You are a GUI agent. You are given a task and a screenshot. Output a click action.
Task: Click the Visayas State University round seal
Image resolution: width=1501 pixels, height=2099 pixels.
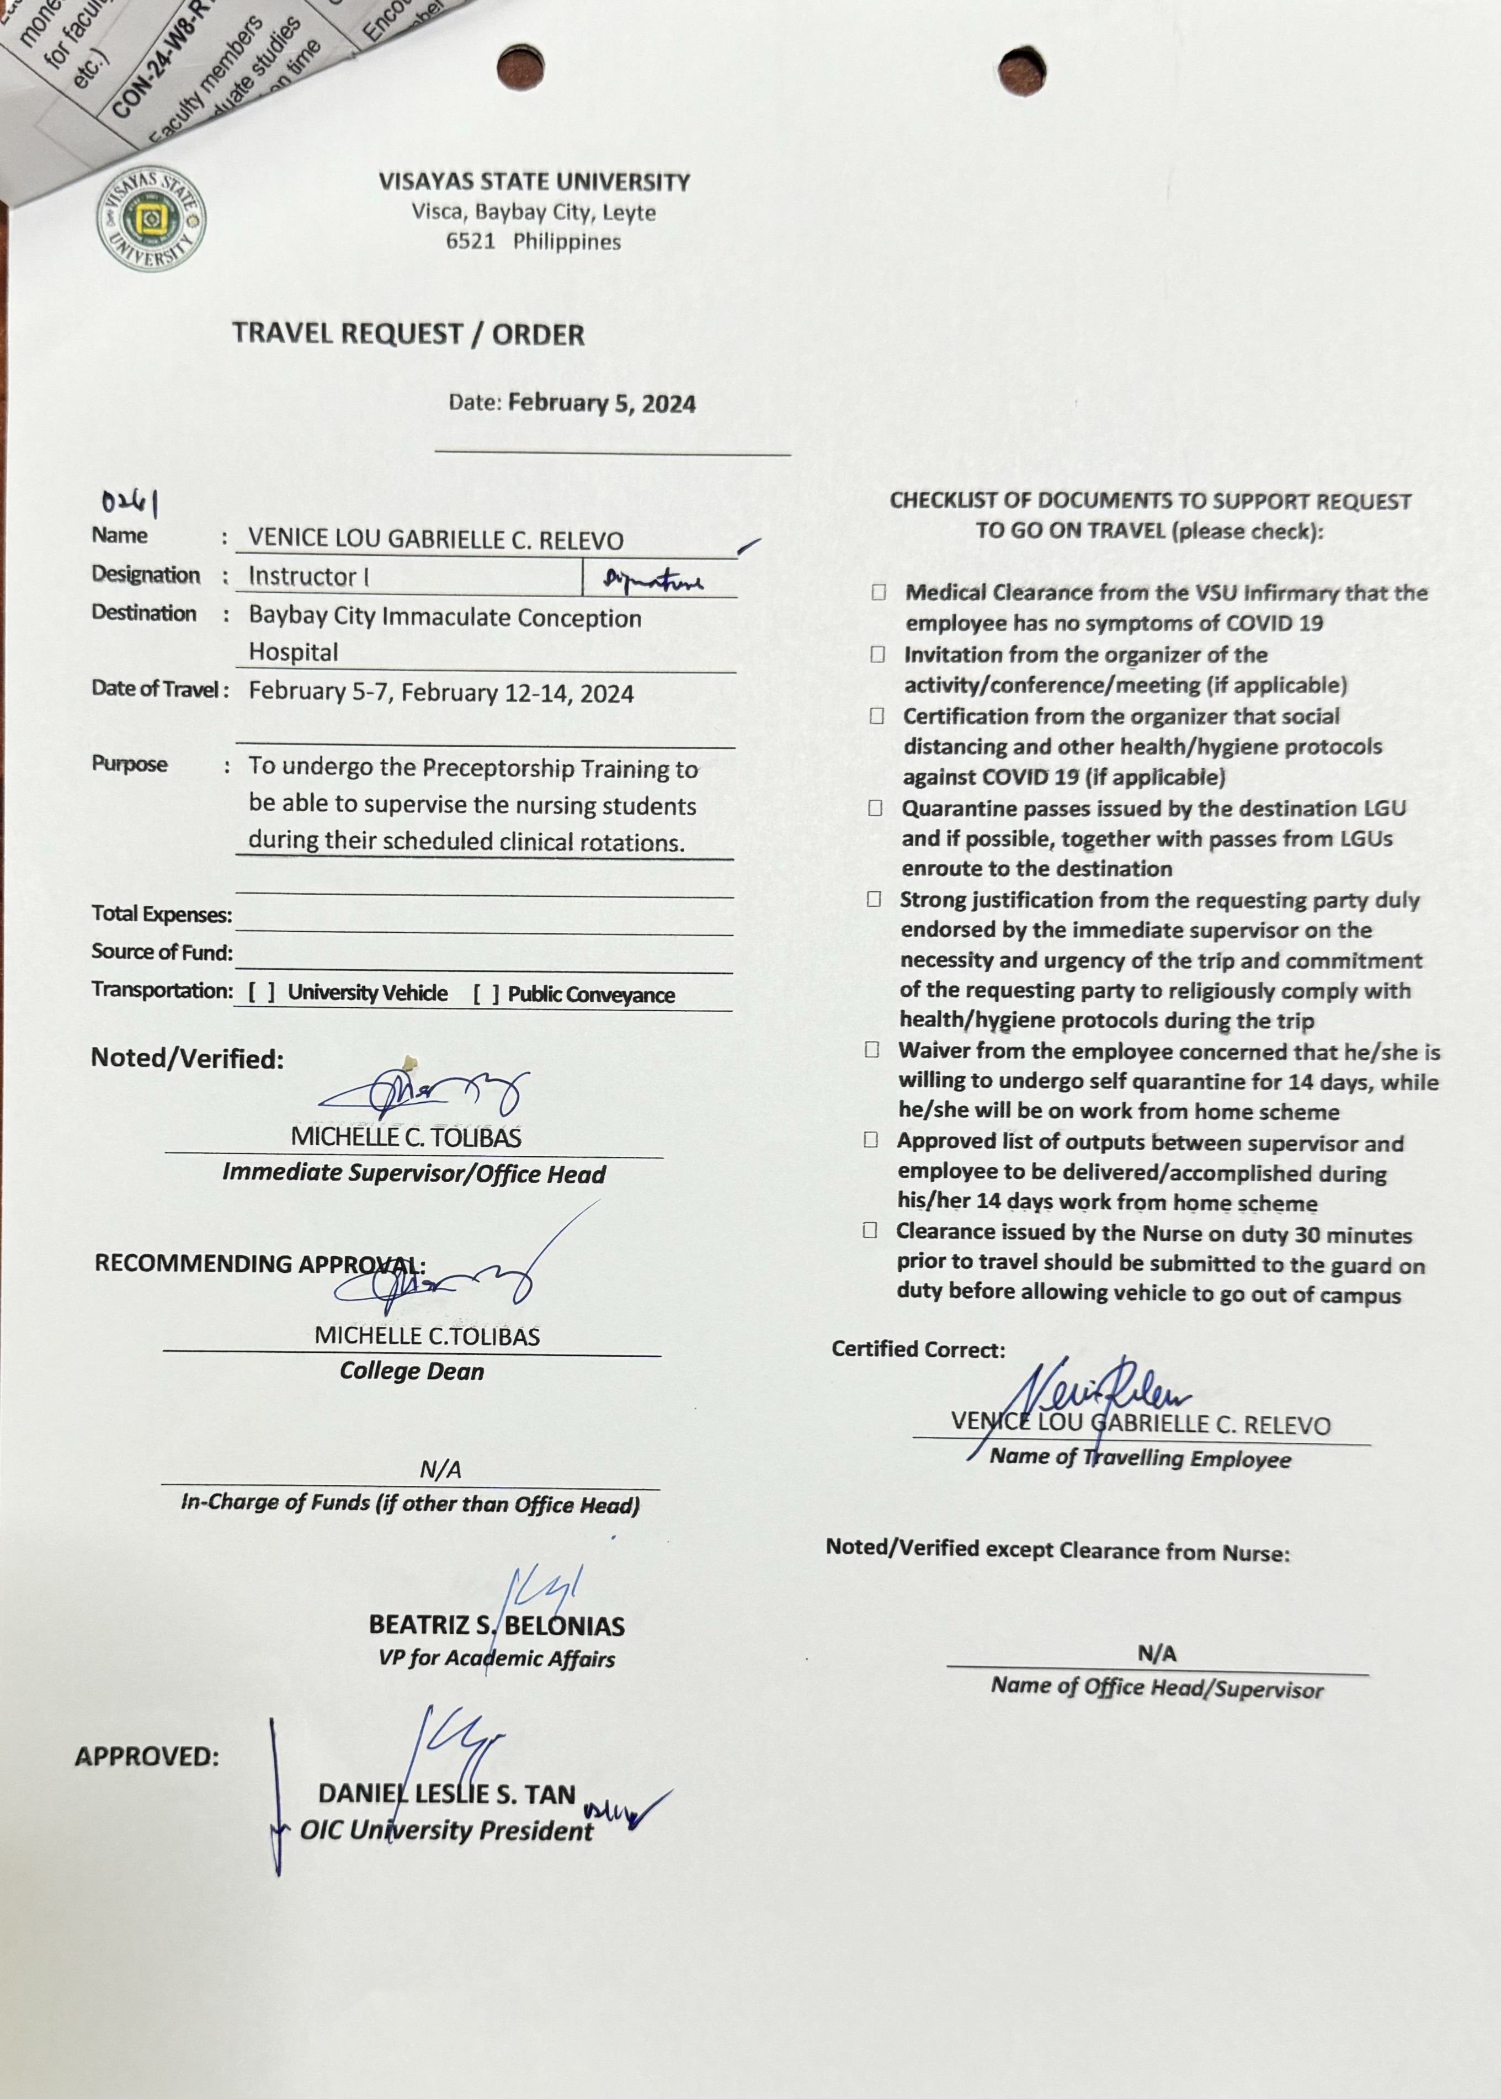(x=152, y=220)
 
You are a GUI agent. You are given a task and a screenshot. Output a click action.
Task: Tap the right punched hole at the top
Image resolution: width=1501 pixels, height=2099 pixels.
(x=1021, y=68)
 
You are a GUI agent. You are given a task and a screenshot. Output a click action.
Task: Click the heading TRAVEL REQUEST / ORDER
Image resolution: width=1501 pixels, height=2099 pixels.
(x=408, y=334)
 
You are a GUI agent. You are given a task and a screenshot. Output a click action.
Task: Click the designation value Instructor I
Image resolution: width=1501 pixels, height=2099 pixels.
(x=308, y=577)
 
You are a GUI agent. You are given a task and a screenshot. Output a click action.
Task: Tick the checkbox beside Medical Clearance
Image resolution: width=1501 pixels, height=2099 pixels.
(x=878, y=592)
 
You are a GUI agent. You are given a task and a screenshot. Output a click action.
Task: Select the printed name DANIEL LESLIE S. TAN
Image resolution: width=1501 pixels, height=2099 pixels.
(x=446, y=1794)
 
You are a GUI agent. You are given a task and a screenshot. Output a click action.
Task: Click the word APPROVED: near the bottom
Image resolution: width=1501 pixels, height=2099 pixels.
(x=147, y=1756)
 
